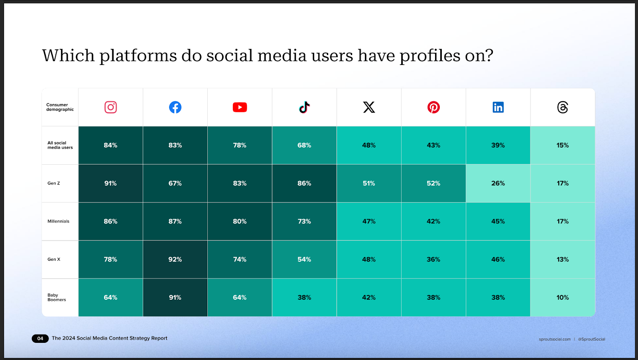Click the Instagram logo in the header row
click(110, 107)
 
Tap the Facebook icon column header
click(175, 107)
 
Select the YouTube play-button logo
click(240, 107)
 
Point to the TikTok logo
click(304, 107)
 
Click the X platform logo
click(369, 107)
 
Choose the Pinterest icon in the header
click(433, 107)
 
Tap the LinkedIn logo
click(498, 107)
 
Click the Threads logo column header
click(563, 107)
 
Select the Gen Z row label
click(54, 183)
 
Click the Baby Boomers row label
click(57, 297)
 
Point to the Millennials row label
click(58, 221)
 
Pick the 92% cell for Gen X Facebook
click(175, 260)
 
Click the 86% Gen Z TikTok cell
click(304, 183)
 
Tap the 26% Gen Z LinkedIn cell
click(498, 183)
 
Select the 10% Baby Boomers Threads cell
click(563, 297)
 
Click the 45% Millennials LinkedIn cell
click(498, 221)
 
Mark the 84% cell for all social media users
click(110, 145)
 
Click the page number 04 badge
click(40, 338)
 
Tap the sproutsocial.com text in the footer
click(555, 339)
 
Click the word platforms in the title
click(138, 56)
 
